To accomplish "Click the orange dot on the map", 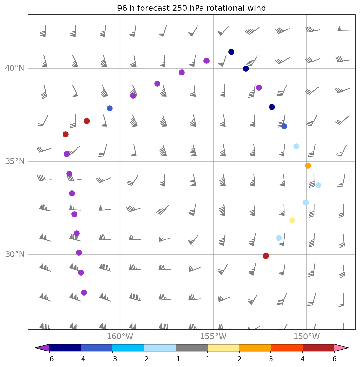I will [308, 166].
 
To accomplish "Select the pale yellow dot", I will [292, 220].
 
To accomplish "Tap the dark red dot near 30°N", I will [266, 256].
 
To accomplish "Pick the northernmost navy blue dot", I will [231, 52].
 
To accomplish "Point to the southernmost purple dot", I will [84, 292].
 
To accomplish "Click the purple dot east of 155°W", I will [259, 88].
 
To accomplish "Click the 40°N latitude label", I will [15, 68].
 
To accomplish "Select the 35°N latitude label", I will [15, 161].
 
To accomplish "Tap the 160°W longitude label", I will [120, 337].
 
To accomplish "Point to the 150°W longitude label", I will [306, 337].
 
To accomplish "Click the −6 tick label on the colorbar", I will [49, 359].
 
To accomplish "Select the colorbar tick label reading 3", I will [271, 359].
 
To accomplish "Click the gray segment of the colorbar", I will [192, 348].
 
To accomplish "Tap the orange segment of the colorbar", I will [255, 348].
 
